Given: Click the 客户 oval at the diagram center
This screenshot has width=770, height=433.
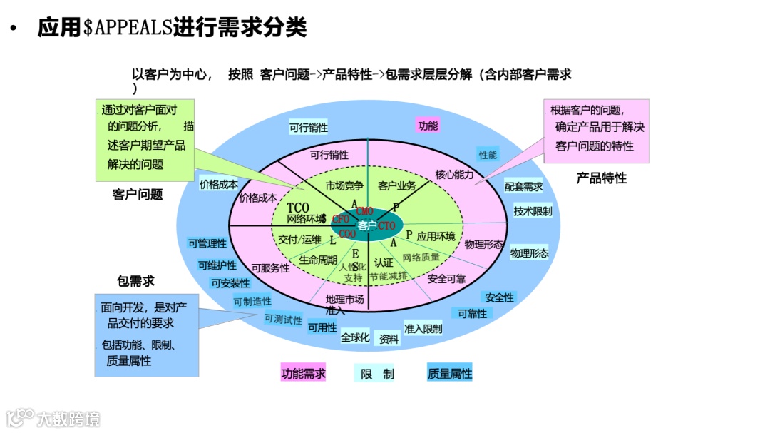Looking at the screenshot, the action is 367,225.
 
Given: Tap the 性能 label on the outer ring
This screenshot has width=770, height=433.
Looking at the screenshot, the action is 488,154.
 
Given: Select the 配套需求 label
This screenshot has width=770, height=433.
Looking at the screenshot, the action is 523,187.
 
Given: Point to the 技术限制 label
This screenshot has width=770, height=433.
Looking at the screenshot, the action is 533,211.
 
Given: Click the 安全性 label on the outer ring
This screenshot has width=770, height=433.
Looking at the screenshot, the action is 499,297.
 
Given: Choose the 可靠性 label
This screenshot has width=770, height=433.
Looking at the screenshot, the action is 472,314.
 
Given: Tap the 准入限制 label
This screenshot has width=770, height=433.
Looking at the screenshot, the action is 423,328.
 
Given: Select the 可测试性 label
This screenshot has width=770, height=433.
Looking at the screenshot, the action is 283,319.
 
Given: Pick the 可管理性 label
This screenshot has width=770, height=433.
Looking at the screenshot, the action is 207,243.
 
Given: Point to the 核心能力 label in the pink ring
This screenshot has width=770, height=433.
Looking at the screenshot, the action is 454,174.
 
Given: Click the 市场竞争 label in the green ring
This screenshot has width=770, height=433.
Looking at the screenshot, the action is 344,186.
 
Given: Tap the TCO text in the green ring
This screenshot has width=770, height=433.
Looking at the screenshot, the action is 298,208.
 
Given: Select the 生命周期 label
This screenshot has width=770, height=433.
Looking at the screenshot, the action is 318,260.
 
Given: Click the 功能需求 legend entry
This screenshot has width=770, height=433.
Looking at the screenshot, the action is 303,373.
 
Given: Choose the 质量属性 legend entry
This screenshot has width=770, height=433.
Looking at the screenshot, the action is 450,373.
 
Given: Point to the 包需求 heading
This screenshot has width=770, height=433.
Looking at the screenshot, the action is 135,282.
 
